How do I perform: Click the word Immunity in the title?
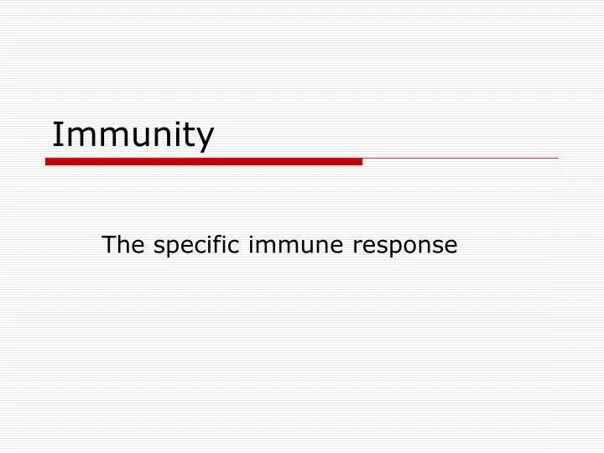click(x=133, y=135)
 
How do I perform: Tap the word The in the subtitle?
click(x=118, y=245)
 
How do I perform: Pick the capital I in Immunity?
click(x=56, y=134)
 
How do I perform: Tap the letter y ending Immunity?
click(x=206, y=139)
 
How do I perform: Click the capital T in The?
click(x=107, y=245)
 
